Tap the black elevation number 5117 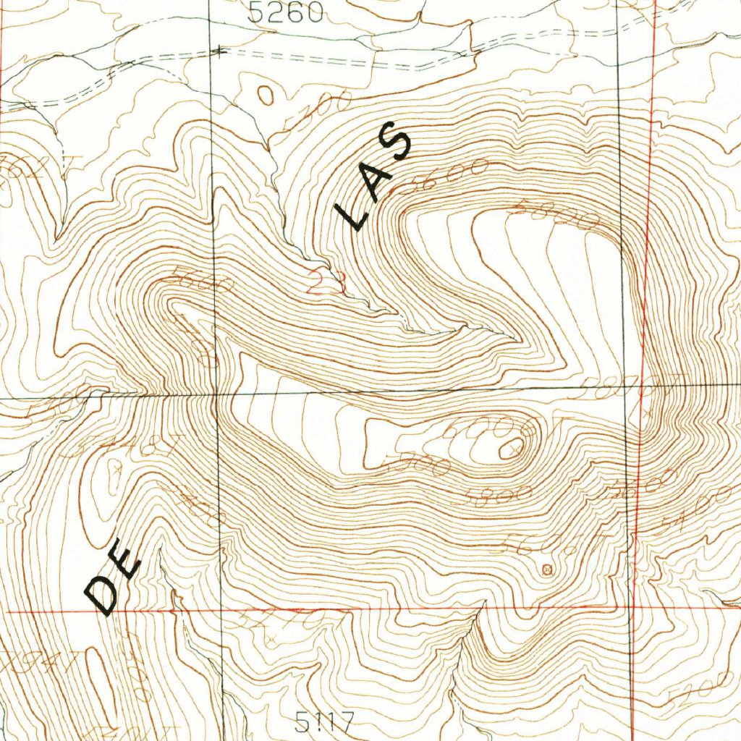[x=324, y=721]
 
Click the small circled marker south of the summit [x=546, y=569]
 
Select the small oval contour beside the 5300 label [x=266, y=94]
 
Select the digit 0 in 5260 [x=312, y=12]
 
